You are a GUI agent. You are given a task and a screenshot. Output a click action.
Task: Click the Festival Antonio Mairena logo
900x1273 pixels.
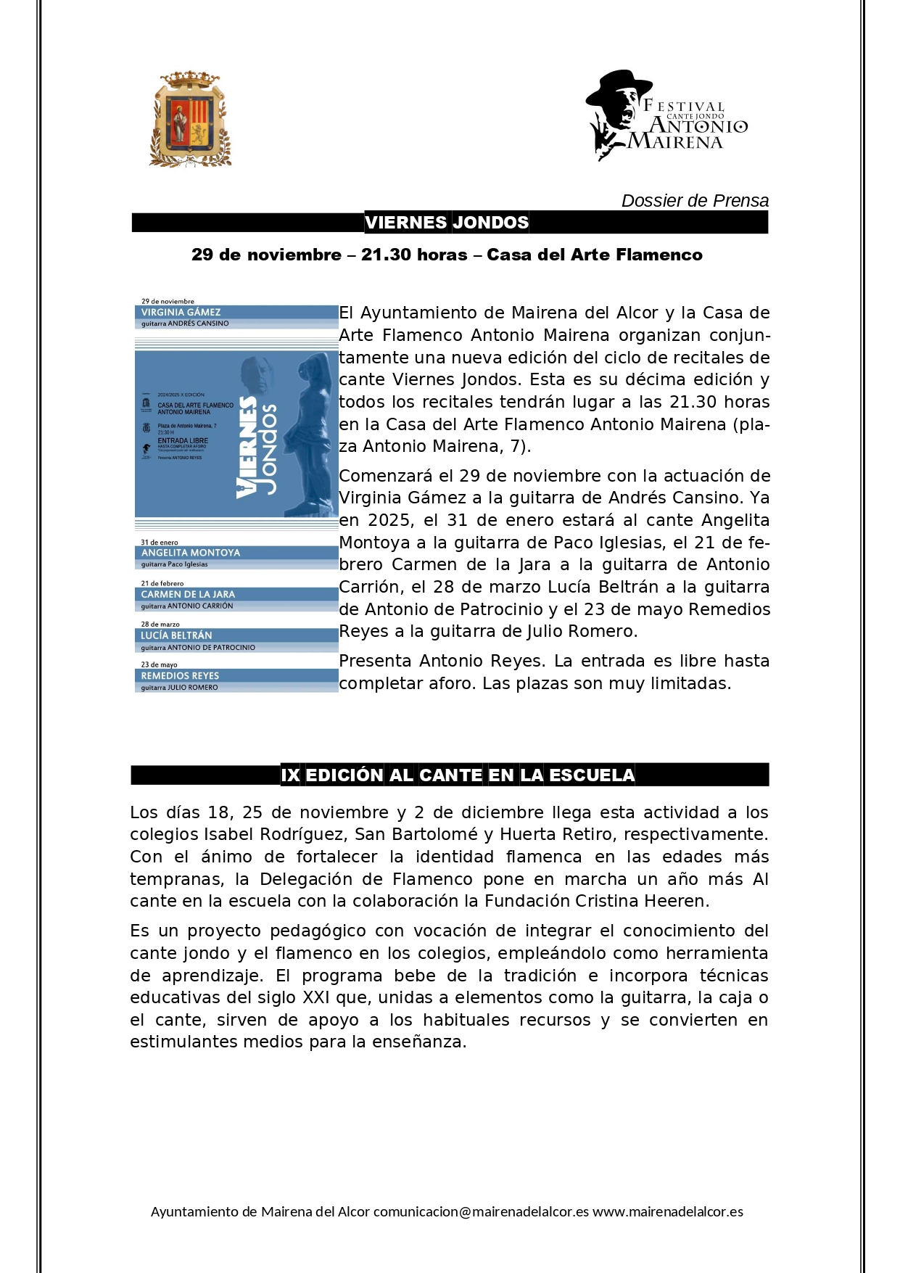tap(666, 116)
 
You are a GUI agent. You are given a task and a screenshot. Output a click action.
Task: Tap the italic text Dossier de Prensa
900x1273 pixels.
tap(694, 201)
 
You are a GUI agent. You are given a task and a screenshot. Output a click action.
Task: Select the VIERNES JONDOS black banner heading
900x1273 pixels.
tap(447, 223)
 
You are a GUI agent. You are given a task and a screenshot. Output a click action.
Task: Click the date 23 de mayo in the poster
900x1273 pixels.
tap(159, 664)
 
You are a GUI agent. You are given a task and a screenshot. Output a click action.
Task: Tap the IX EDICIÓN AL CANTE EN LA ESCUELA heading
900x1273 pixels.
tap(458, 775)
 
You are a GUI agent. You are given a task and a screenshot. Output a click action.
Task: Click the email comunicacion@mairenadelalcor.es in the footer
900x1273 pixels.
tap(481, 1212)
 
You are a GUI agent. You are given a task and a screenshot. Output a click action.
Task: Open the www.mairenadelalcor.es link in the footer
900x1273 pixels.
tap(667, 1212)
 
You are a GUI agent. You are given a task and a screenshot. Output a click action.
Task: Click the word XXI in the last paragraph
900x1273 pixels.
tap(315, 998)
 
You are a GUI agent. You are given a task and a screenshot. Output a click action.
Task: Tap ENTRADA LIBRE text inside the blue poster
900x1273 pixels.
tap(183, 441)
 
